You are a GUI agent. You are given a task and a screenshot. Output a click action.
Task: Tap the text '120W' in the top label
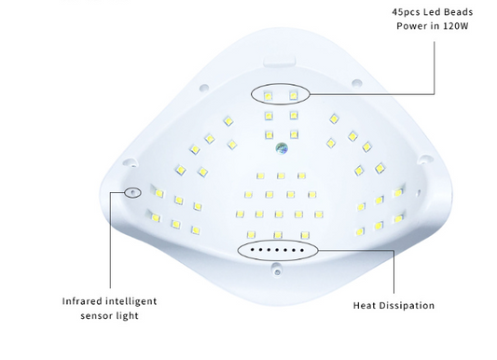click(456, 26)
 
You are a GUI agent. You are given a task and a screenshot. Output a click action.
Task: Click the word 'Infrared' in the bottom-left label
click(82, 300)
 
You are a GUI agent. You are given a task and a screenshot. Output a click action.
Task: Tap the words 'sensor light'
click(109, 315)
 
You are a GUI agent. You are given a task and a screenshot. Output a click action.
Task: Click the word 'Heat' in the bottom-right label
click(365, 306)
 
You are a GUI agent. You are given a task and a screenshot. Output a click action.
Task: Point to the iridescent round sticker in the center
click(282, 148)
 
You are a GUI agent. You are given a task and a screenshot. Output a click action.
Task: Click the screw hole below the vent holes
click(277, 272)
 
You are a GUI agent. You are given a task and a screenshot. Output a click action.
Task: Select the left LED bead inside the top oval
click(269, 96)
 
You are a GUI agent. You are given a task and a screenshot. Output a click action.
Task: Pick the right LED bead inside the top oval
click(293, 95)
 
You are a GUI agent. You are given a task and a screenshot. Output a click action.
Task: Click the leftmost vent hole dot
click(253, 250)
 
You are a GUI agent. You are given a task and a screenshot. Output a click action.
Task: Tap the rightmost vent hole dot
click(302, 250)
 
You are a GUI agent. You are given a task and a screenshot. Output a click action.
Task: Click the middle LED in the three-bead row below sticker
click(281, 175)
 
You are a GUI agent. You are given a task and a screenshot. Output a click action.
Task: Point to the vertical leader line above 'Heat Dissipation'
click(394, 272)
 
